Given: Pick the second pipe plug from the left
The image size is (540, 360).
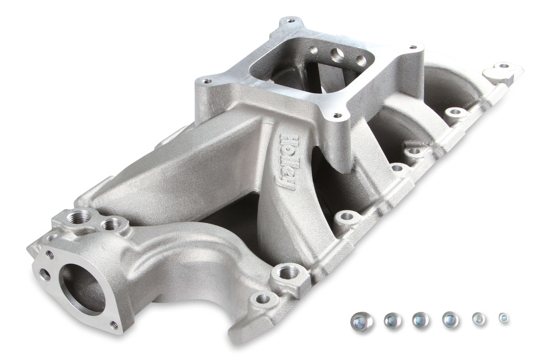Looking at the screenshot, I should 392,320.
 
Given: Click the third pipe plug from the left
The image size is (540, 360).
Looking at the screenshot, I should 421,319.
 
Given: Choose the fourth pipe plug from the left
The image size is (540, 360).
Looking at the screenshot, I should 450,319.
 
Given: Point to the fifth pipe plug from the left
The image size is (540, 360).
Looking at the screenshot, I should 478,319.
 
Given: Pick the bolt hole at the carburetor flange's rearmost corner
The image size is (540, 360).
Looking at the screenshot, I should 290,20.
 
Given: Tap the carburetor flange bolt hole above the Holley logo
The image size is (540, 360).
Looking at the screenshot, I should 335,116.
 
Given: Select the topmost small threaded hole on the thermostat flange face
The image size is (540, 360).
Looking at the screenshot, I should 49,255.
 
